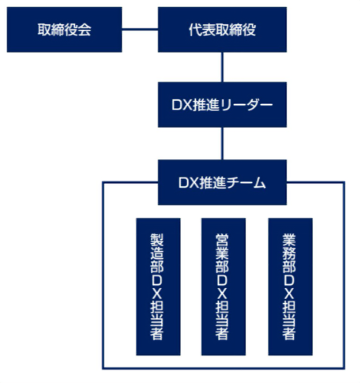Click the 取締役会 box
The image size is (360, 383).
tap(64, 29)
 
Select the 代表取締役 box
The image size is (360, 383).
tap(222, 29)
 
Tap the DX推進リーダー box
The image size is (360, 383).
tap(222, 105)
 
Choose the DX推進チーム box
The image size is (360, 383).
tap(222, 183)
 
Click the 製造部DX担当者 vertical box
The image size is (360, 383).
tap(158, 287)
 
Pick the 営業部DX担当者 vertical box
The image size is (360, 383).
tap(223, 287)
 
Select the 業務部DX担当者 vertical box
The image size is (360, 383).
tap(290, 287)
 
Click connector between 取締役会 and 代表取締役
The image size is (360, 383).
tap(140, 29)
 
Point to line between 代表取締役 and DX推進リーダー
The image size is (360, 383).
tap(222, 67)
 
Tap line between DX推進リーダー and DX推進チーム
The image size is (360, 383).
tap(222, 143)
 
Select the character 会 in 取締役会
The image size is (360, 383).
tap(84, 30)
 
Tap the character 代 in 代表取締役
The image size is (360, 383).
tap(195, 30)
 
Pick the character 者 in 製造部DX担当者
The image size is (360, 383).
tap(157, 333)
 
